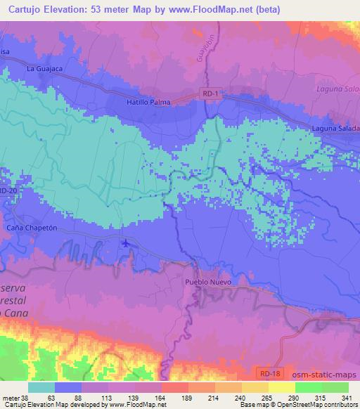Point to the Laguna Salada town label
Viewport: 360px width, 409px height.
[335, 129]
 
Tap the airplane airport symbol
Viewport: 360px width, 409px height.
[125, 244]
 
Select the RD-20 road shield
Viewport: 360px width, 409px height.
[7, 190]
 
